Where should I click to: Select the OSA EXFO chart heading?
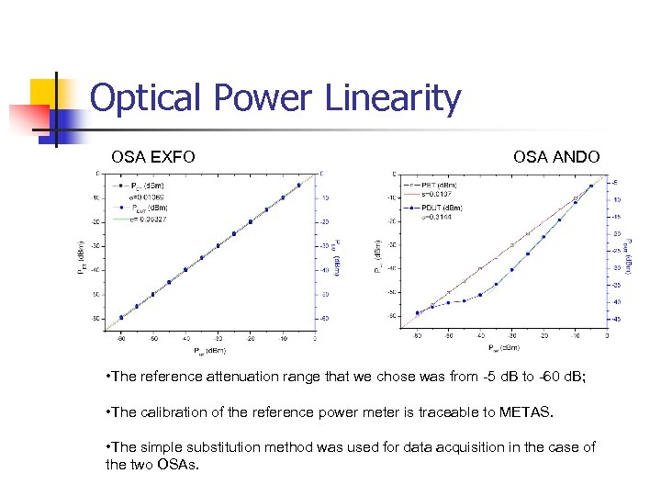tap(153, 157)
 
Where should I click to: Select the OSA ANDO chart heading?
tap(556, 157)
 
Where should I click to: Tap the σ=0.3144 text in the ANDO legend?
tap(437, 218)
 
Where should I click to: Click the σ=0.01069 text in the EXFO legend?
tap(145, 197)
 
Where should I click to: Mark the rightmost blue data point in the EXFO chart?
tap(298, 185)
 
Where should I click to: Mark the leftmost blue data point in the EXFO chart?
tap(120, 318)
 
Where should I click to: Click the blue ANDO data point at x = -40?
tap(480, 295)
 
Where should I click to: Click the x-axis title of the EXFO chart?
tap(212, 351)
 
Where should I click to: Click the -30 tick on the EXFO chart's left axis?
tap(94, 246)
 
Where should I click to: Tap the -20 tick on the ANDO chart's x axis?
tap(543, 338)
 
